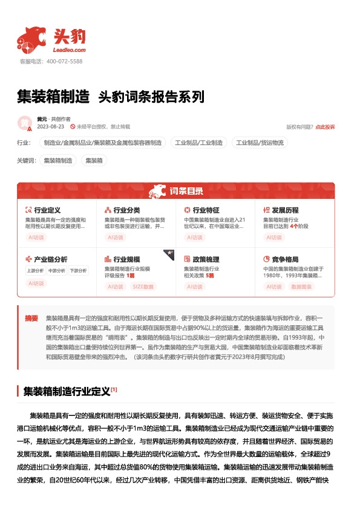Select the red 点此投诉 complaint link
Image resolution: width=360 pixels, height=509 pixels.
click(325, 127)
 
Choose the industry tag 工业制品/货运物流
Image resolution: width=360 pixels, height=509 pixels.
click(260, 143)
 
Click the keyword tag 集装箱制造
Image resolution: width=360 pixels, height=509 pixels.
click(59, 161)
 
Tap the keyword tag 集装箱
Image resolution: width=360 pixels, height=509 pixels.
click(94, 161)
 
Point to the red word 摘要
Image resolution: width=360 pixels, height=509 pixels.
click(31, 318)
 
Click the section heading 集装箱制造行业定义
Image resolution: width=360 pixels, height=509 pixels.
click(67, 392)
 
